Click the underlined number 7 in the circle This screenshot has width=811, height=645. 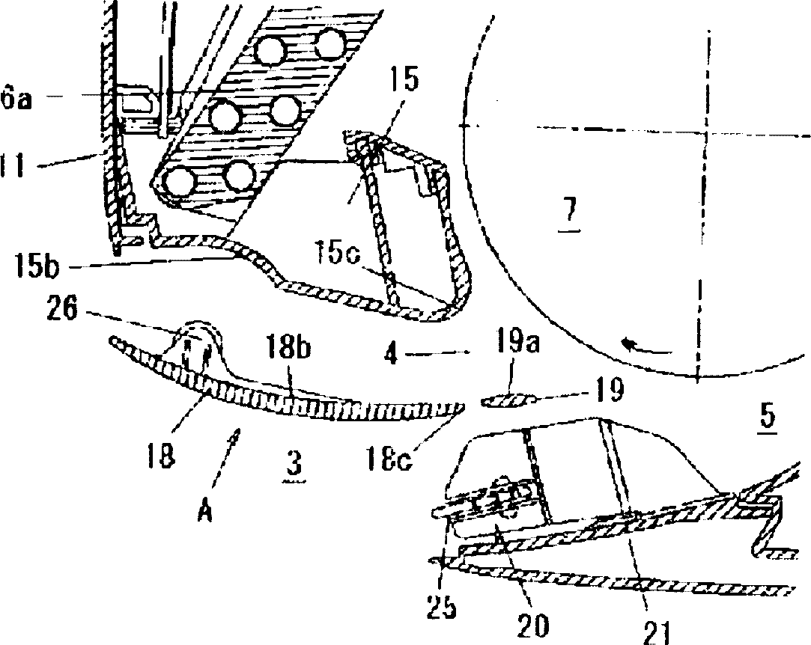point(571,214)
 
